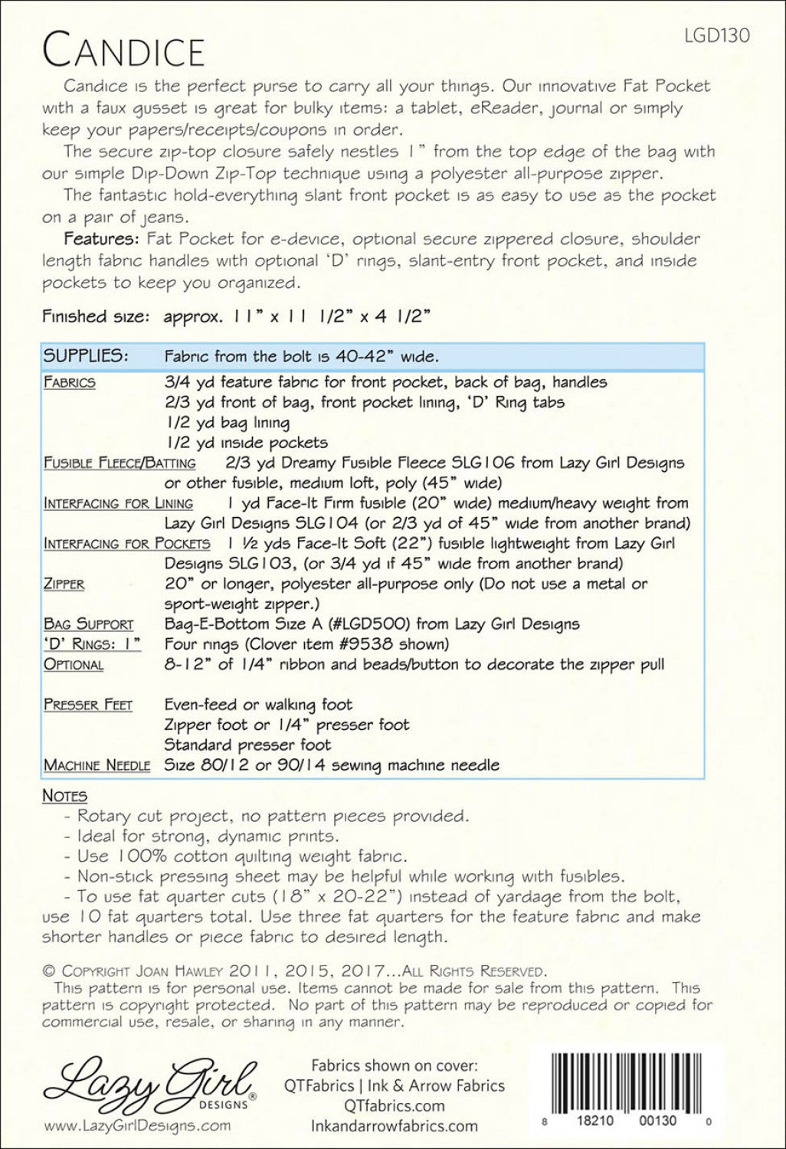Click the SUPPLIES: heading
(x=85, y=356)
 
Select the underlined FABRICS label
(x=70, y=382)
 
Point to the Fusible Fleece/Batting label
(x=120, y=463)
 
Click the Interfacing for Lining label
(x=119, y=503)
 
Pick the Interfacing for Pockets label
(x=127, y=543)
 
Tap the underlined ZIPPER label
(x=64, y=584)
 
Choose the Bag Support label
(x=89, y=624)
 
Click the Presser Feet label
(x=88, y=705)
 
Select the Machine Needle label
(x=97, y=764)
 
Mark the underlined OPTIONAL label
(x=74, y=664)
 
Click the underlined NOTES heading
(x=64, y=796)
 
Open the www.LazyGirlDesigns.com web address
(x=138, y=1125)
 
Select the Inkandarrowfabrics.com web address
(x=395, y=1126)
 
